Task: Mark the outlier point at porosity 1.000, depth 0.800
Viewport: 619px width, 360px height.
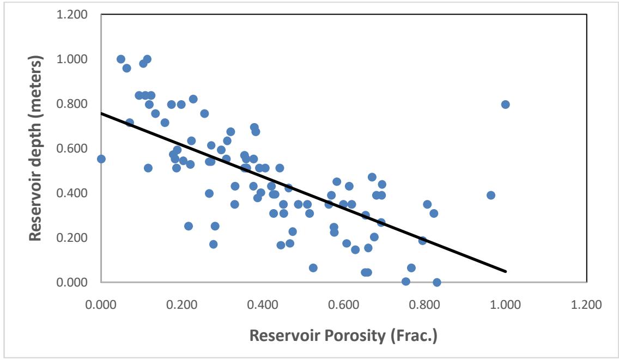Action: coord(506,105)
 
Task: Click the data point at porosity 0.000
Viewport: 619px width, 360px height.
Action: coord(101,159)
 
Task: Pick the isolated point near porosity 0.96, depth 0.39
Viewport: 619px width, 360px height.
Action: coord(491,195)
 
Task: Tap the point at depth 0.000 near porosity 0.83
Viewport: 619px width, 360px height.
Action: coord(436,282)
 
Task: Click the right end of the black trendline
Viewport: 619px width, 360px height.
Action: coord(506,271)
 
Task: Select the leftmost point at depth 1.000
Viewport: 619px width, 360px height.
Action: coord(121,59)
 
